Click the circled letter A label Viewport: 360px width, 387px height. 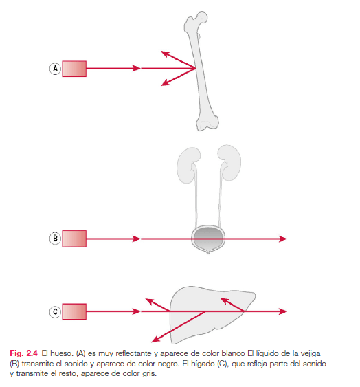click(x=55, y=69)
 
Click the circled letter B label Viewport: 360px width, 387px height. click(x=55, y=239)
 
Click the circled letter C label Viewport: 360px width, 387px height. click(x=55, y=311)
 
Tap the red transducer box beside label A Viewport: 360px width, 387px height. click(x=74, y=69)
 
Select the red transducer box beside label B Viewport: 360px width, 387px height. click(x=74, y=239)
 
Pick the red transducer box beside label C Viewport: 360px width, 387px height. click(x=74, y=311)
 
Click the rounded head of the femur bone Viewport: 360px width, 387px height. click(x=203, y=17)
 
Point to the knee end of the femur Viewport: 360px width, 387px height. click(x=207, y=122)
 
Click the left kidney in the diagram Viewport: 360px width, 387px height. click(x=188, y=165)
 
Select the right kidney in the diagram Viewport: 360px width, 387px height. click(x=229, y=162)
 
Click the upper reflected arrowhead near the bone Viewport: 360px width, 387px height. click(x=165, y=54)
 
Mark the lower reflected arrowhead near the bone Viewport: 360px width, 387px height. click(x=165, y=82)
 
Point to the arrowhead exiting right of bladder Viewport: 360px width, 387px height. click(x=283, y=239)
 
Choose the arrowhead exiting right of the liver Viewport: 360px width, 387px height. click(x=283, y=311)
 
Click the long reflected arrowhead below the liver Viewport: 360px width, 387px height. click(x=155, y=339)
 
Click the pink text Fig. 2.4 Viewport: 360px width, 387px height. click(x=23, y=353)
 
